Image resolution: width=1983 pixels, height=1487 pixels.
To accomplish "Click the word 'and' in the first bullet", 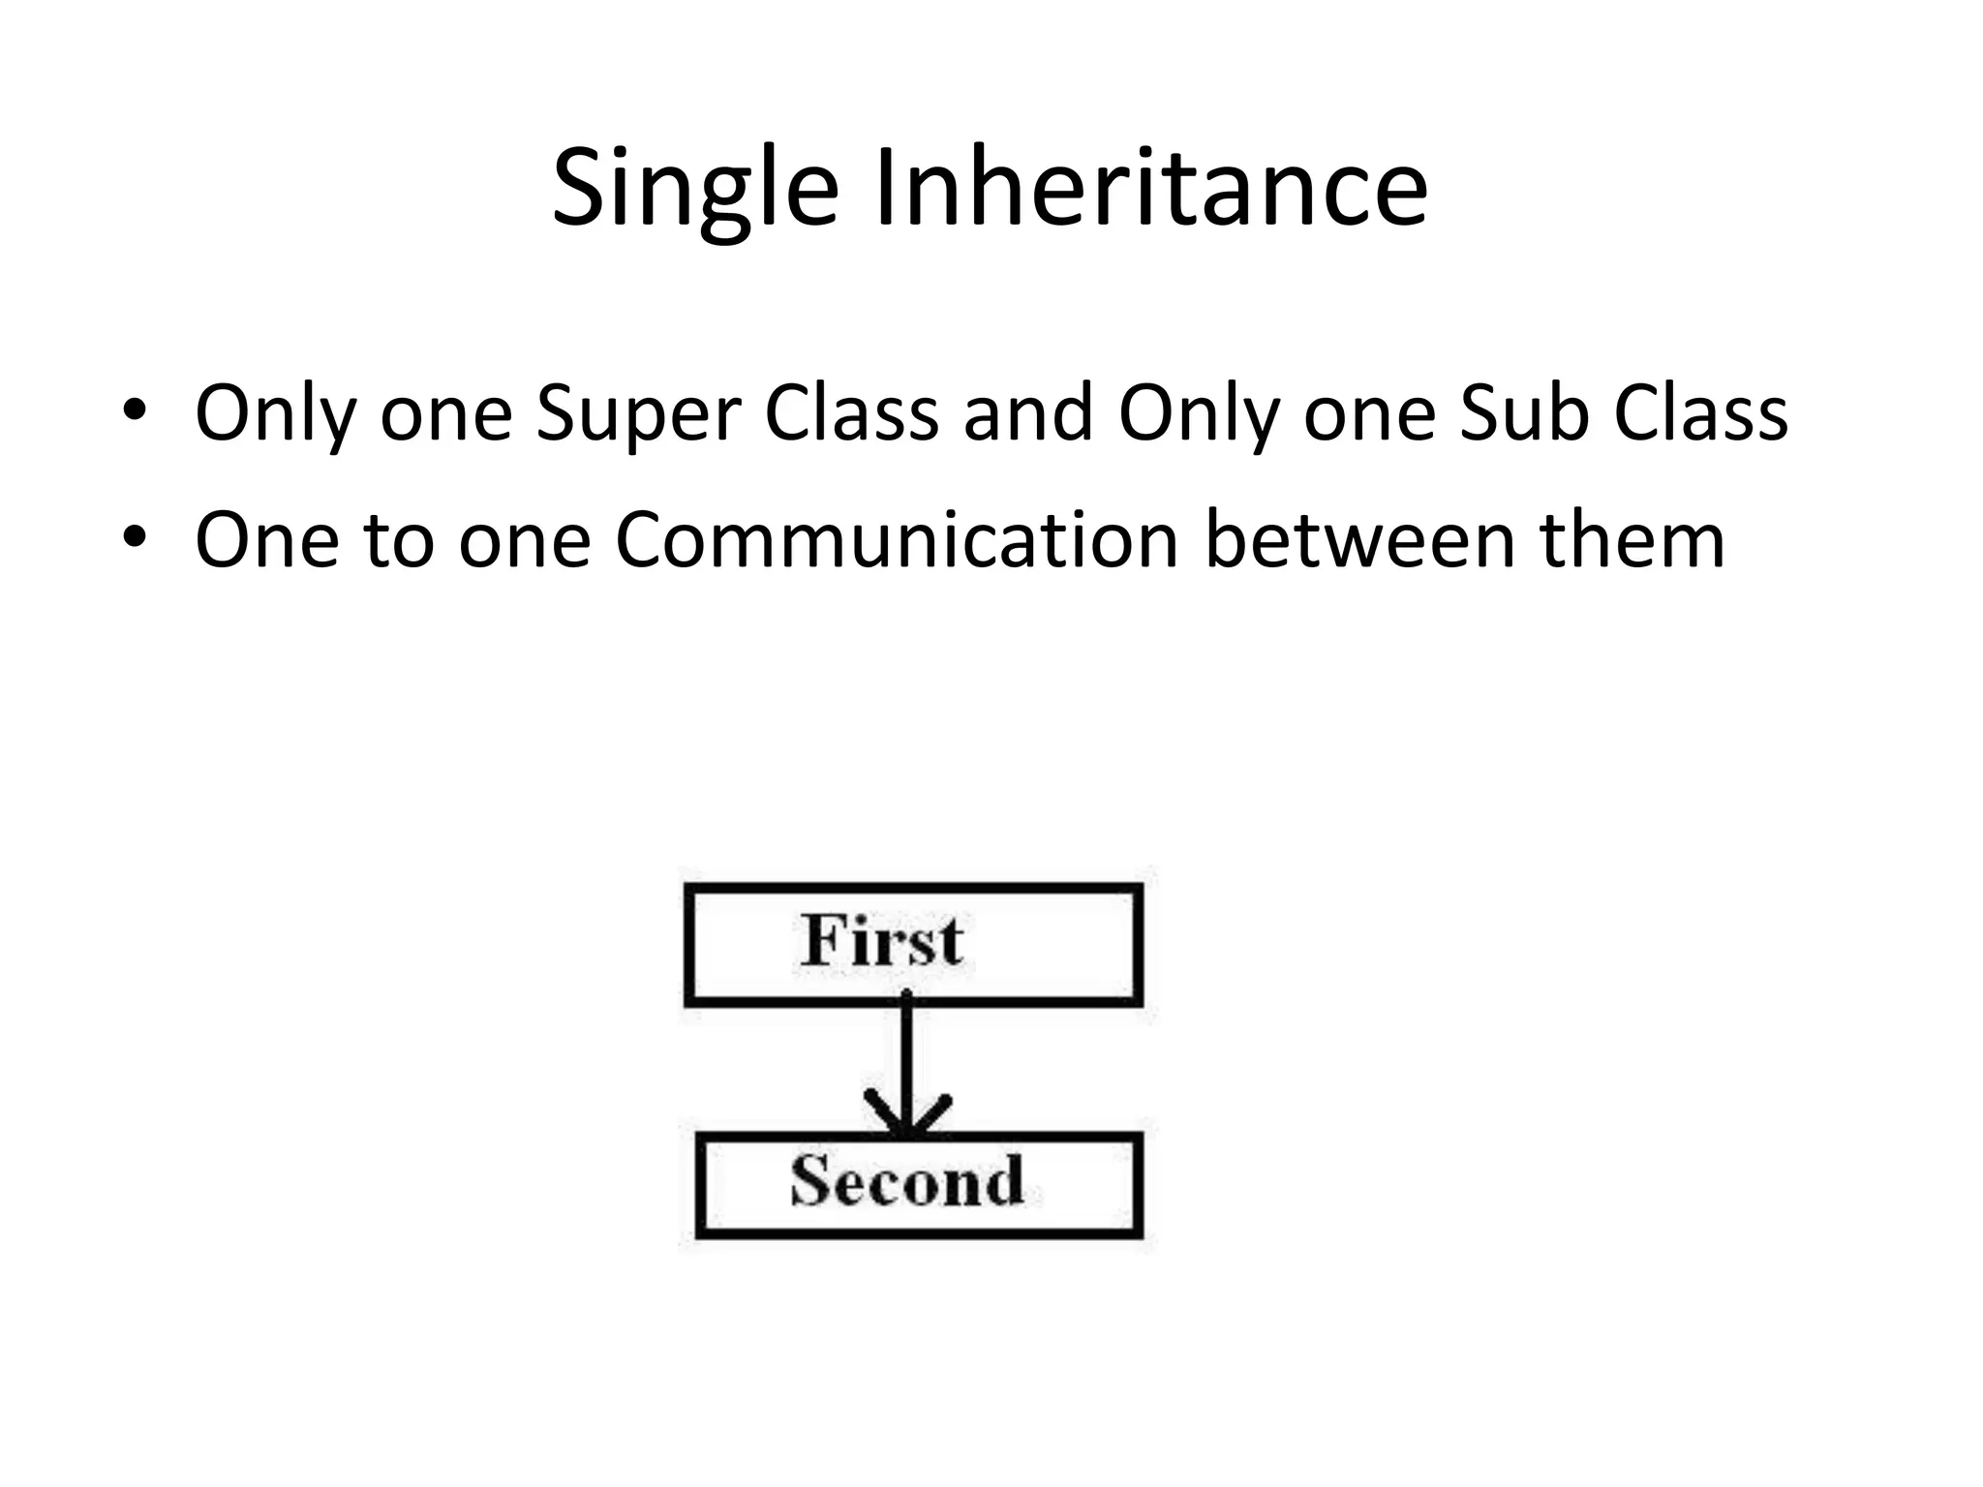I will click(1027, 413).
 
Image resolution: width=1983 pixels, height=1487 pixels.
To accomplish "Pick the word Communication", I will click(897, 539).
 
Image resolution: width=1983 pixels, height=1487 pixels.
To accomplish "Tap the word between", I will click(1359, 539).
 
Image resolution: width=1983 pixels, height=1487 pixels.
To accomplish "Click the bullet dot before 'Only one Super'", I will click(135, 411).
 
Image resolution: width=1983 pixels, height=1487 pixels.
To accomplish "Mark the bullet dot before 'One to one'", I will click(135, 537).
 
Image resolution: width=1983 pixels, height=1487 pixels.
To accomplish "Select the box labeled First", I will click(913, 945).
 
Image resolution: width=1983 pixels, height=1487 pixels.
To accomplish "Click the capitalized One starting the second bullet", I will click(267, 539).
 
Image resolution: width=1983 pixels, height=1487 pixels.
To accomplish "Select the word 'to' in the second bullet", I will click(399, 539).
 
